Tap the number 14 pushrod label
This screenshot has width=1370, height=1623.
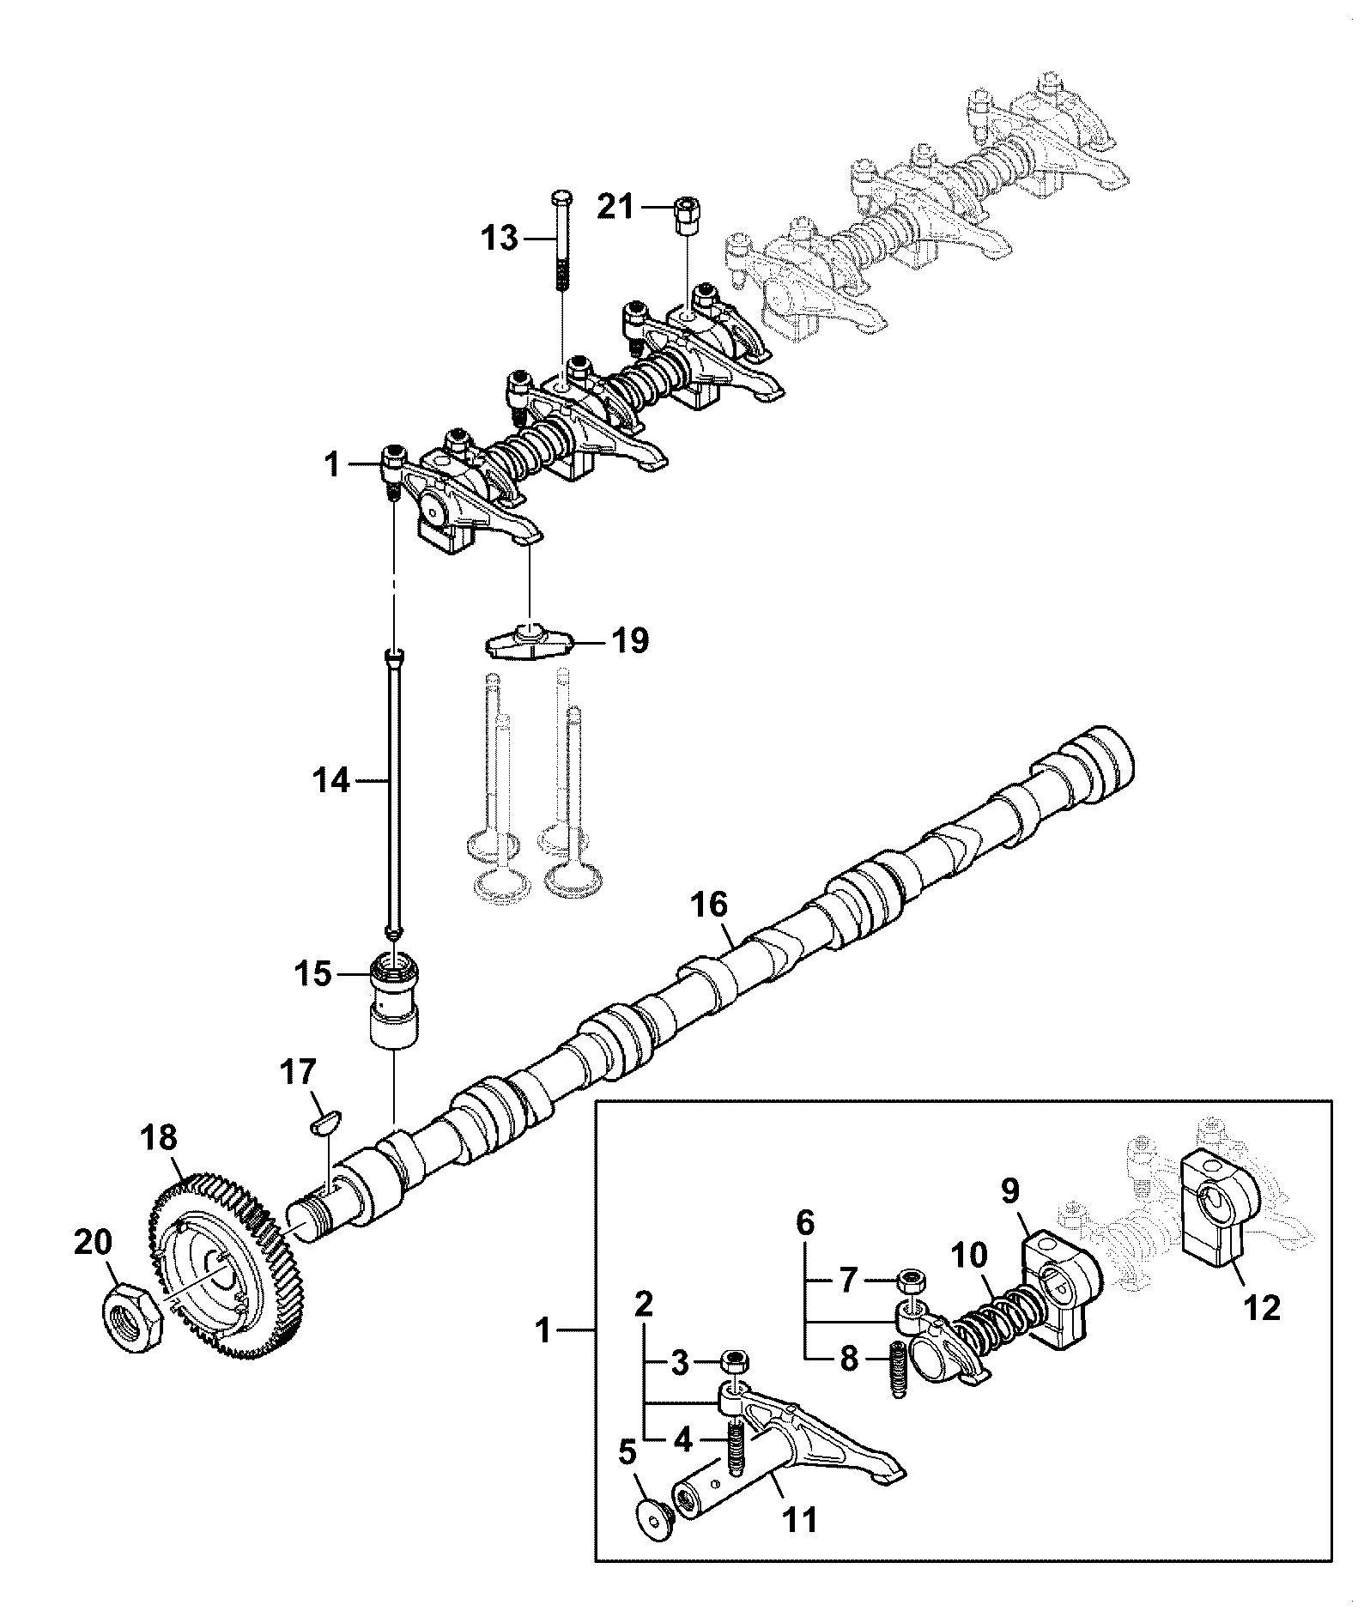(332, 781)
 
